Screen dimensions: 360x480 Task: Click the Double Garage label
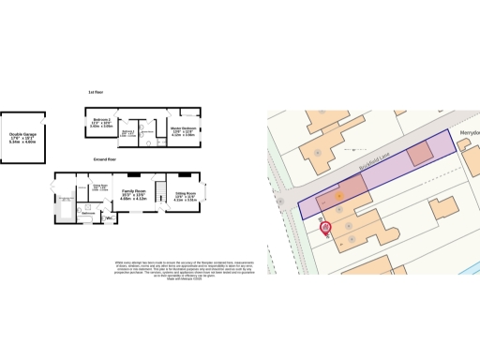(22, 140)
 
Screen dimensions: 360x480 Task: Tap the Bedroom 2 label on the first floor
(101, 124)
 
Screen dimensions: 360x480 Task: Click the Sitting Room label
(184, 197)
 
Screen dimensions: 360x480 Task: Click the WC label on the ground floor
(109, 219)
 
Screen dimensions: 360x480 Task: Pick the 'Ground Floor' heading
(104, 160)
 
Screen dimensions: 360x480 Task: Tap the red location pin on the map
(325, 226)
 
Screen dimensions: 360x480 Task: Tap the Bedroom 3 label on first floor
(128, 132)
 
